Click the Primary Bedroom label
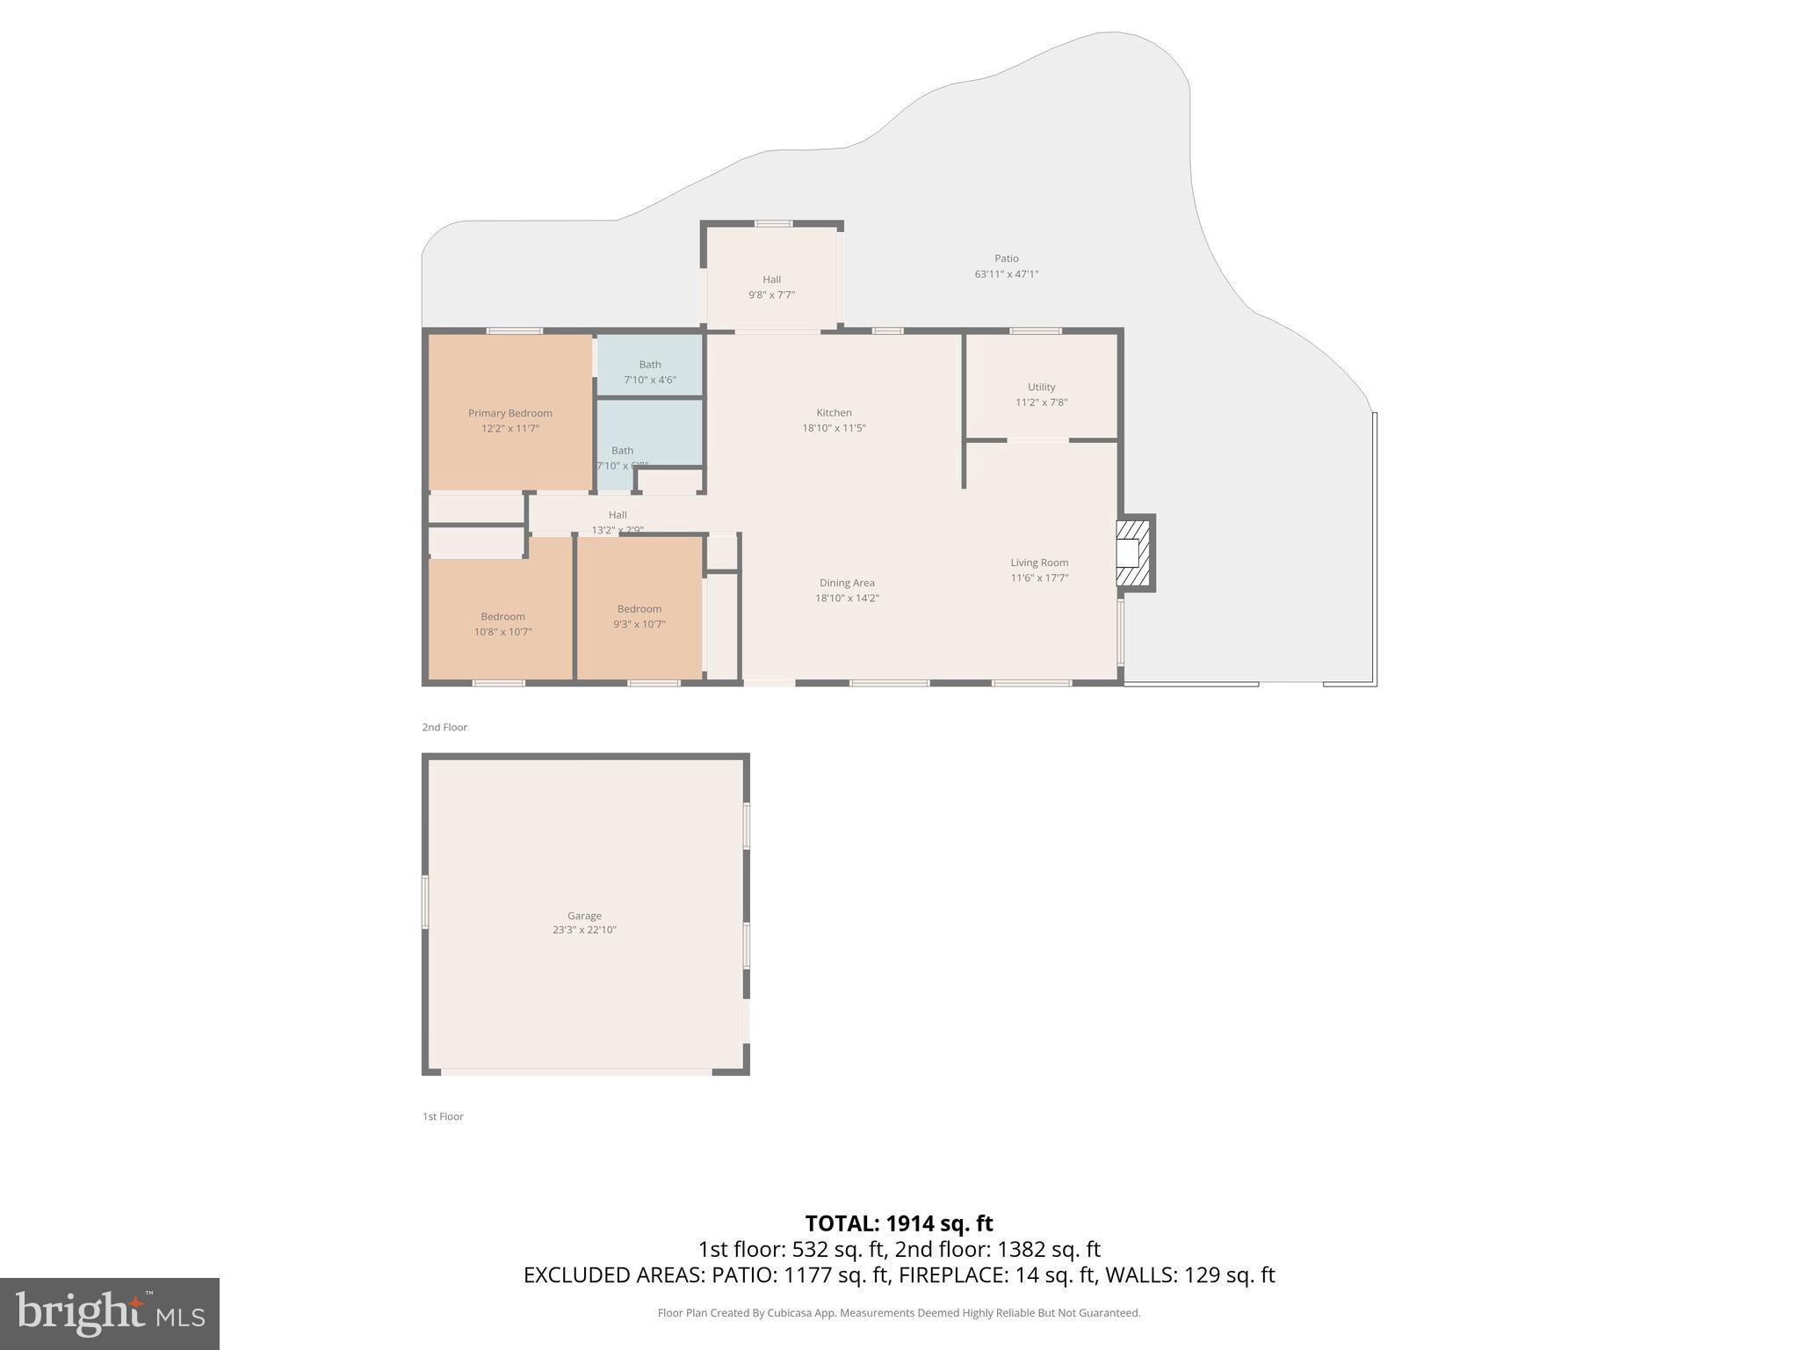pyautogui.click(x=509, y=413)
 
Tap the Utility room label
pyautogui.click(x=1041, y=387)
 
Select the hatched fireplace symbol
pyautogui.click(x=1133, y=553)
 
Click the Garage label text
pyautogui.click(x=584, y=915)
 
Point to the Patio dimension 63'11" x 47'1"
pyautogui.click(x=1006, y=274)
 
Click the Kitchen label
pyautogui.click(x=834, y=412)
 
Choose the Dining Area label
pyautogui.click(x=847, y=583)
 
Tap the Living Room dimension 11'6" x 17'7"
pyautogui.click(x=1039, y=578)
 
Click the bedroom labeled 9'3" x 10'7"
pyautogui.click(x=639, y=616)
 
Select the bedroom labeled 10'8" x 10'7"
pyautogui.click(x=502, y=624)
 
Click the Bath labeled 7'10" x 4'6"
pyautogui.click(x=650, y=372)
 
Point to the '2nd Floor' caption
pyautogui.click(x=444, y=727)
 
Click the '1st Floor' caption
pyautogui.click(x=443, y=1116)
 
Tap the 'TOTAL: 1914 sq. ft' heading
pyautogui.click(x=899, y=1223)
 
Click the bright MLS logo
pyautogui.click(x=110, y=1313)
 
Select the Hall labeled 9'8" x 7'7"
pyautogui.click(x=771, y=287)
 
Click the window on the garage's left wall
pyautogui.click(x=425, y=901)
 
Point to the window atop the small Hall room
pyautogui.click(x=773, y=223)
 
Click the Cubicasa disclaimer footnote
pyautogui.click(x=899, y=1313)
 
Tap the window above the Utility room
pyautogui.click(x=1035, y=331)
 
